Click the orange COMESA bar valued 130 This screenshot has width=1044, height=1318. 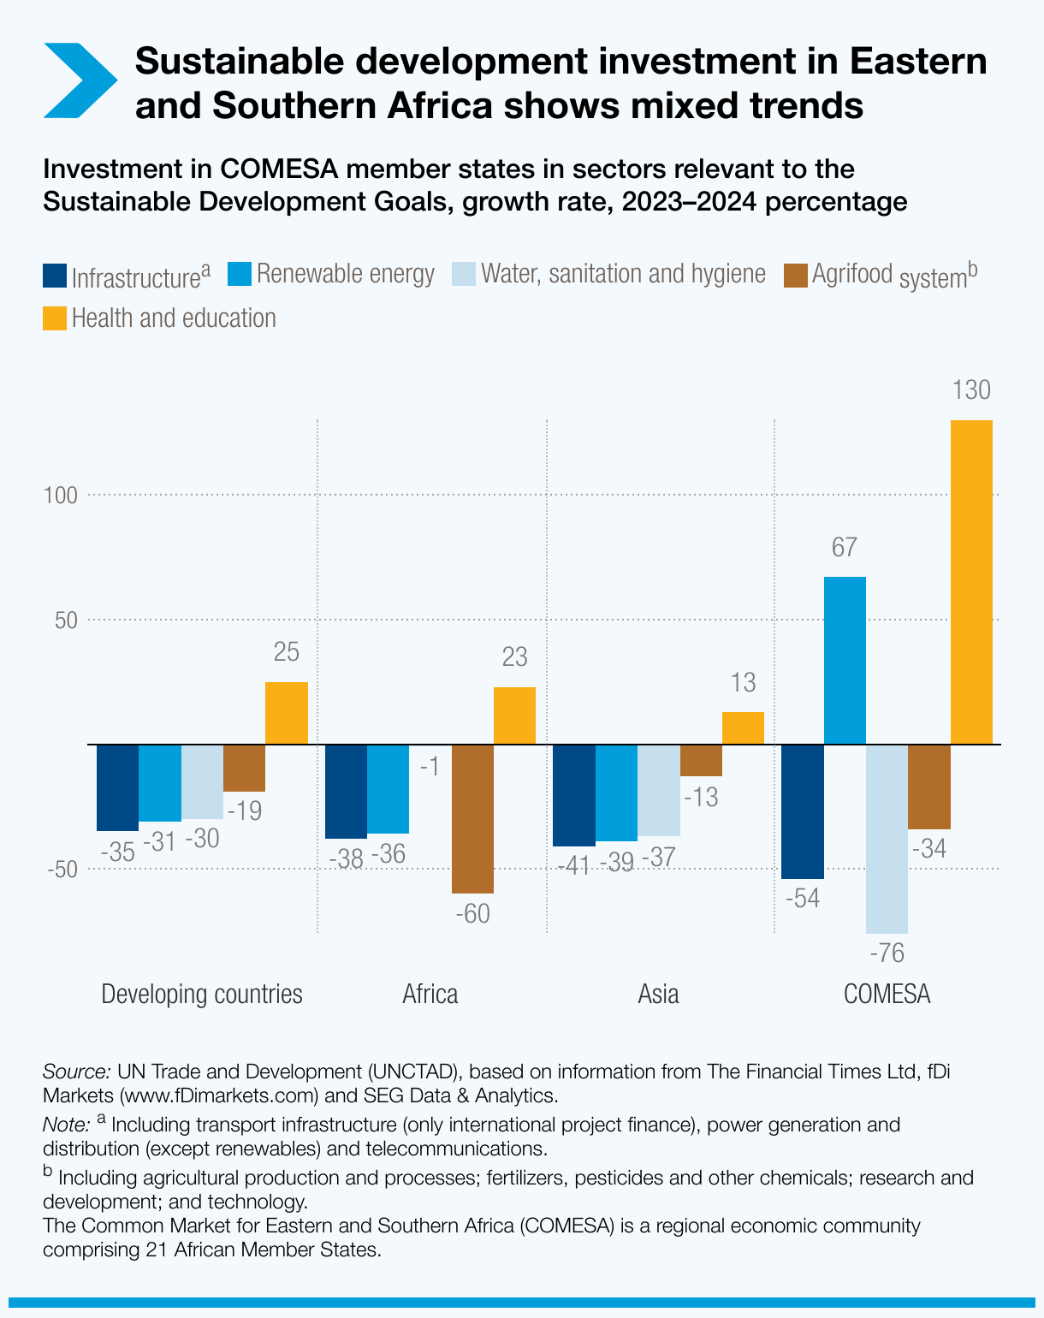(x=971, y=582)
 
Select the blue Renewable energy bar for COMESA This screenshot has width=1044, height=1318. (x=845, y=661)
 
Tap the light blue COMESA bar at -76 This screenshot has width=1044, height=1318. (x=887, y=839)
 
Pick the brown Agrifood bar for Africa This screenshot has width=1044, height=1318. (x=472, y=819)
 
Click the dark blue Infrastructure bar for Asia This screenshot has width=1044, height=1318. (x=574, y=795)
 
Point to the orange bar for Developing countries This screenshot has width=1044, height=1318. (x=287, y=713)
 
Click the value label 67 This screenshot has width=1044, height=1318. (x=844, y=548)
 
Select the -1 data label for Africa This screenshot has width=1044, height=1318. (x=430, y=766)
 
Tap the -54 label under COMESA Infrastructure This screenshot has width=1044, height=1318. (x=802, y=899)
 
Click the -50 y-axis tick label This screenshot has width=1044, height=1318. (x=62, y=870)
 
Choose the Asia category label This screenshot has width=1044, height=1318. (x=658, y=994)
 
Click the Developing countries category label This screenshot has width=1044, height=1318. (x=202, y=994)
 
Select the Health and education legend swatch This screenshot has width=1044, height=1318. (x=54, y=319)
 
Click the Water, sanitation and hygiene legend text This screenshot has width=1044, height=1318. (x=623, y=274)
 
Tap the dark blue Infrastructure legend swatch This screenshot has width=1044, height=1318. (x=54, y=276)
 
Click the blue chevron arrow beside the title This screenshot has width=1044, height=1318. (x=80, y=80)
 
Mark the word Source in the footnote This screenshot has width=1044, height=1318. (x=75, y=1072)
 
